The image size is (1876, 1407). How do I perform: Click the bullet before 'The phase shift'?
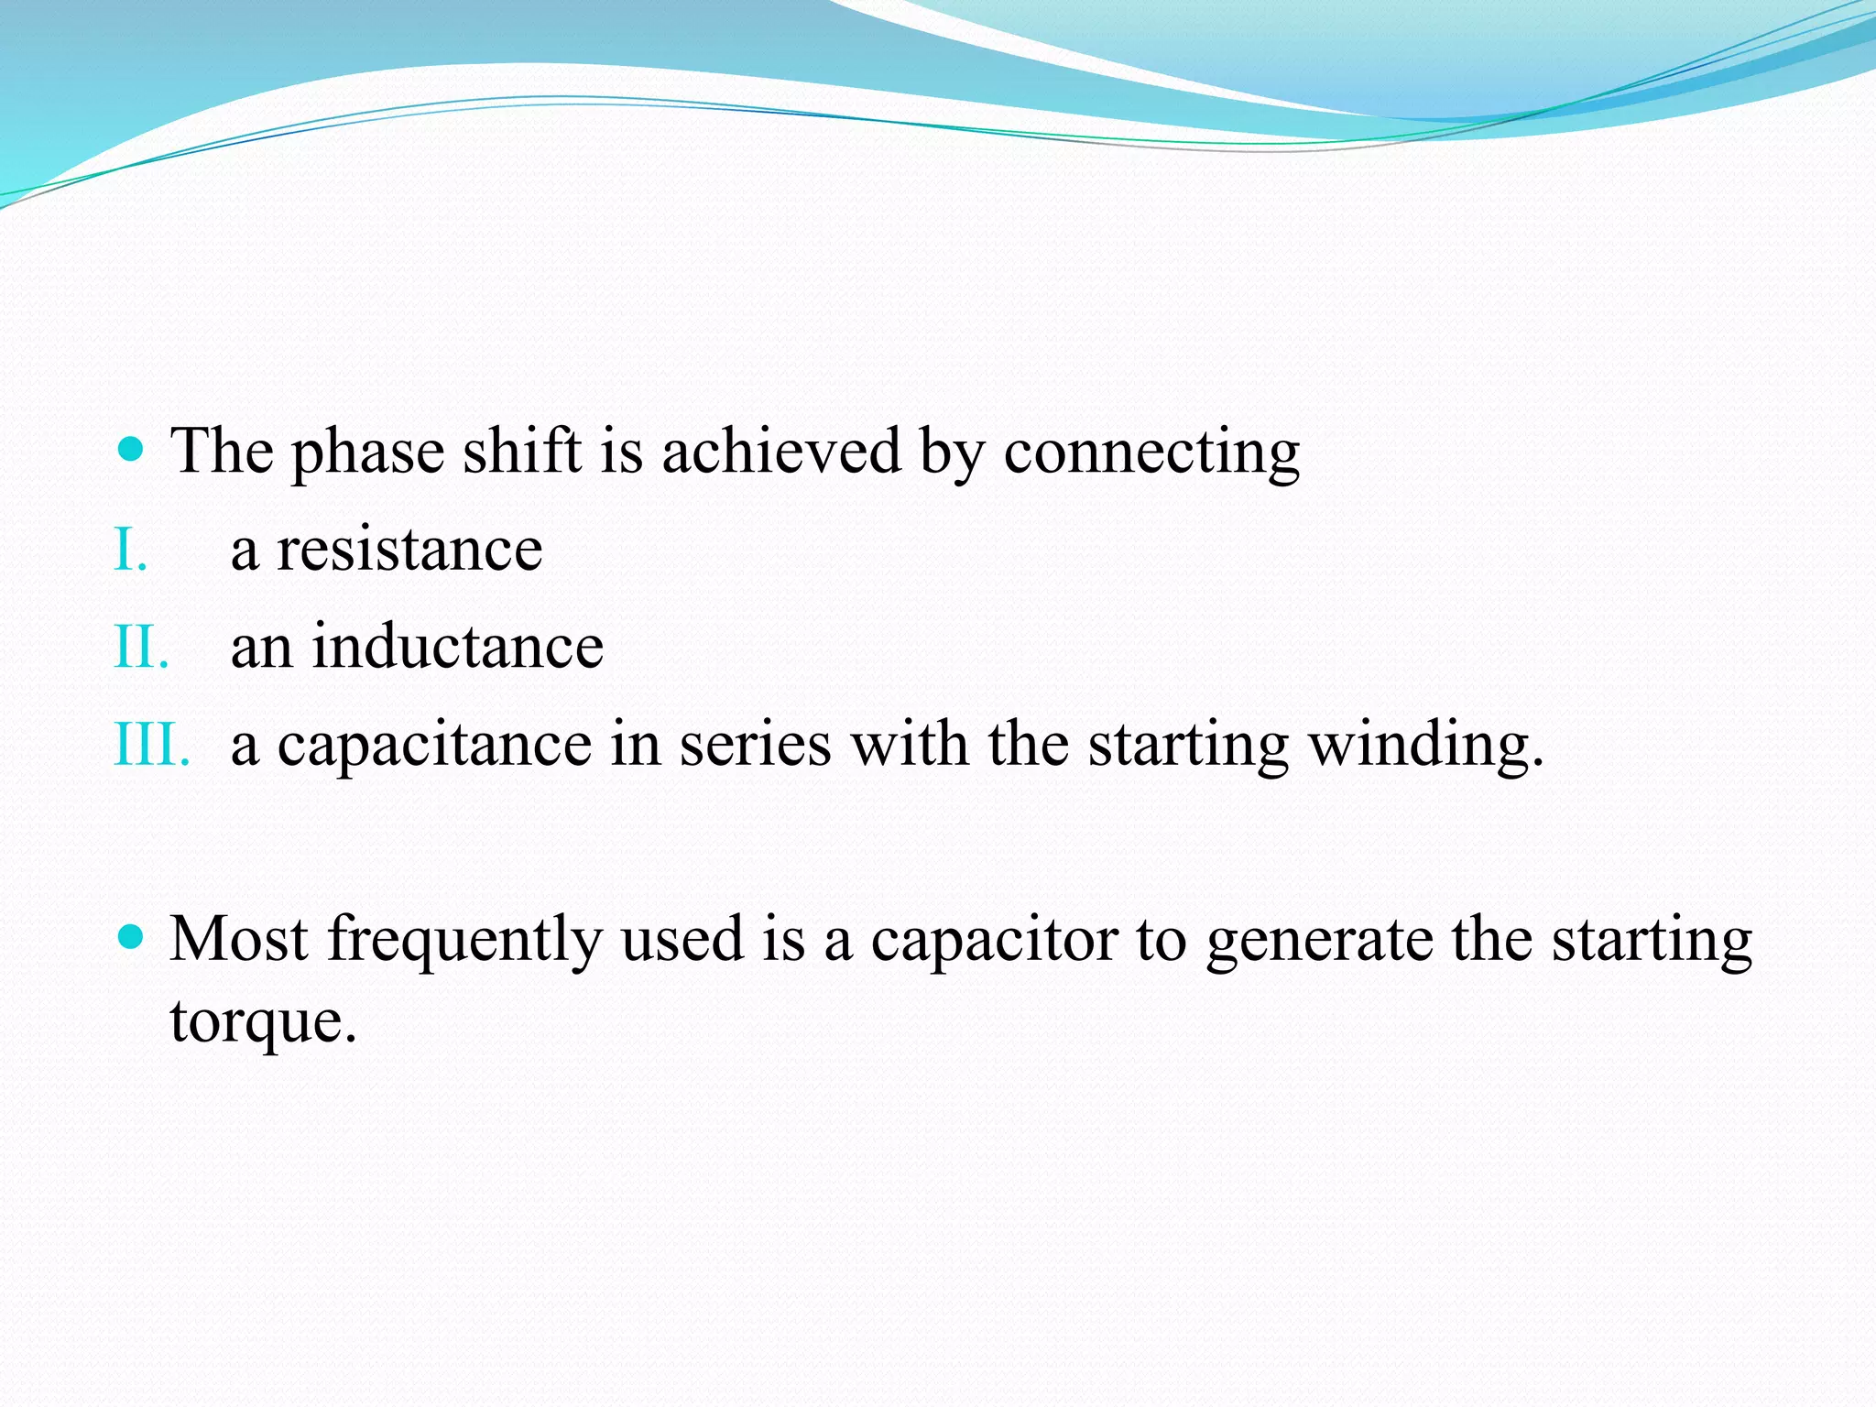tap(132, 449)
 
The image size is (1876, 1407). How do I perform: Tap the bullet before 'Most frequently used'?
tap(132, 936)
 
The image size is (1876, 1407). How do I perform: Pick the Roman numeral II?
tap(141, 647)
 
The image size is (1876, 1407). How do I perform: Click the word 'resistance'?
tap(409, 551)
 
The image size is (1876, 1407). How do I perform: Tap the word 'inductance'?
tap(458, 647)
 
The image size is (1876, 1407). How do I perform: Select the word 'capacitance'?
tap(434, 745)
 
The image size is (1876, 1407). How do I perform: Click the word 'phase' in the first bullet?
tap(367, 453)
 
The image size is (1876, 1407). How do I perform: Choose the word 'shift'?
tap(522, 451)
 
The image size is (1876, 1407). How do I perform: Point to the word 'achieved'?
tap(781, 451)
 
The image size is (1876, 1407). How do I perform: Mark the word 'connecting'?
tap(1151, 453)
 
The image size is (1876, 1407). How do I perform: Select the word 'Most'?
tap(238, 939)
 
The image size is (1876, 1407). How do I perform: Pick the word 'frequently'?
tap(464, 941)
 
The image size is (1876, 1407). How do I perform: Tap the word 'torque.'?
tap(263, 1022)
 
